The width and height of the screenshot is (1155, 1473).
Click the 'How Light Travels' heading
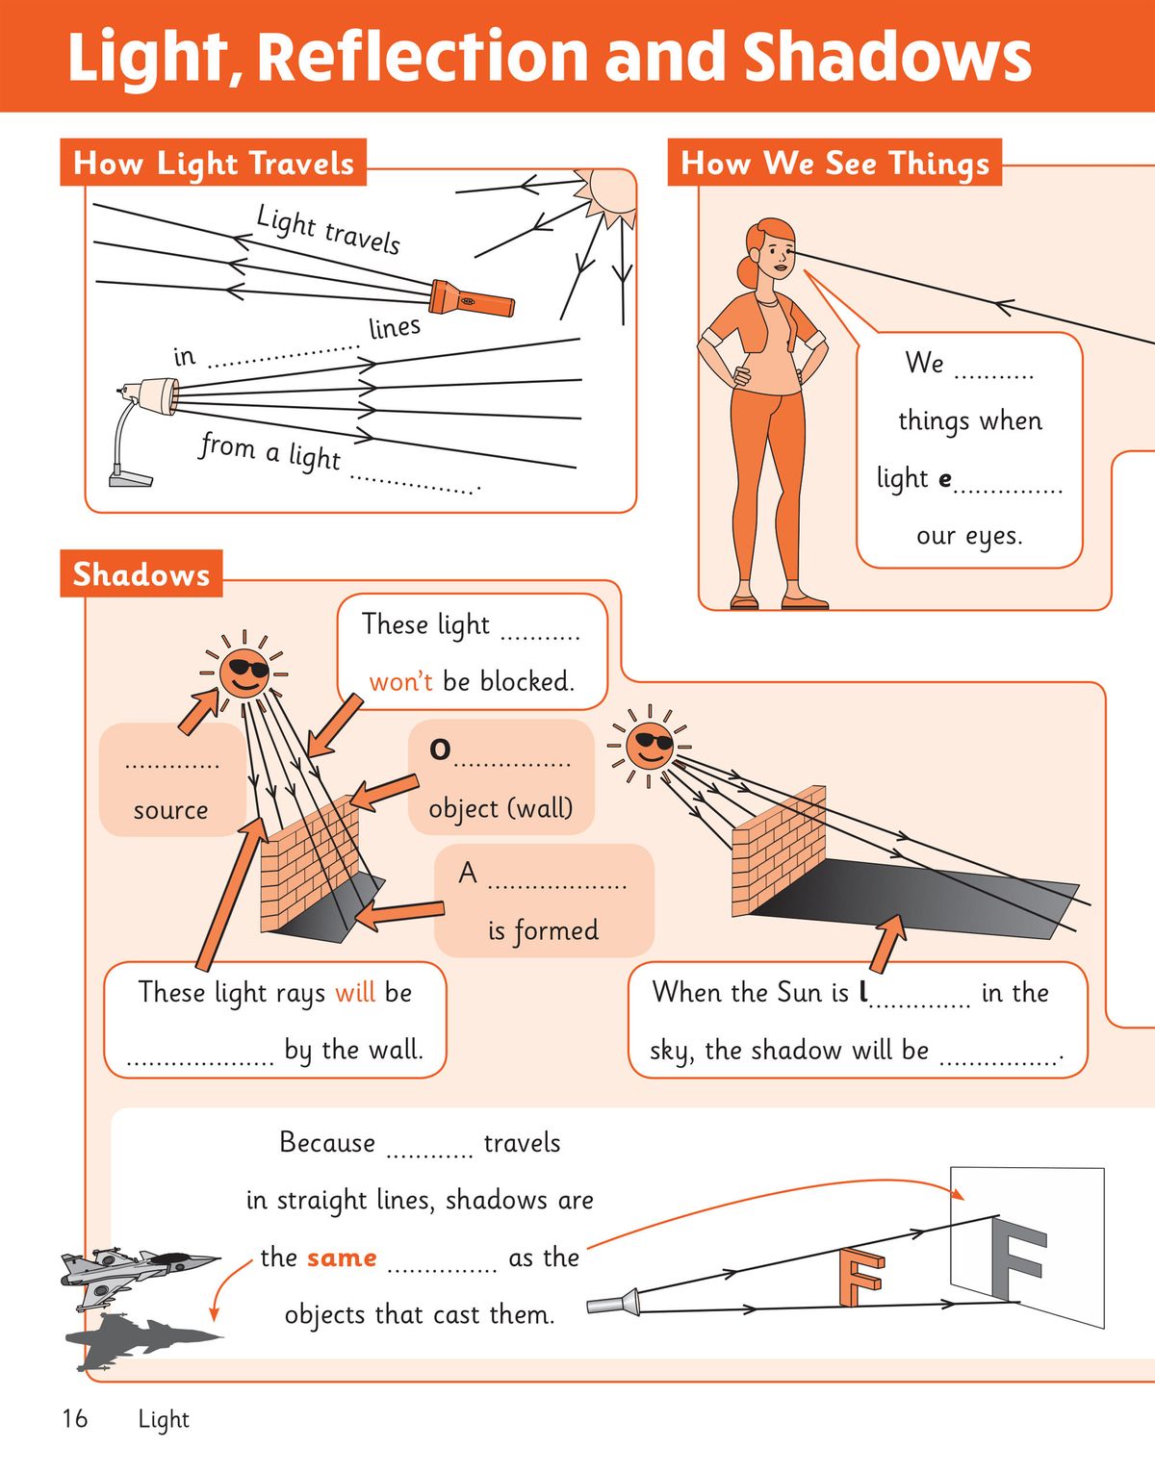214,163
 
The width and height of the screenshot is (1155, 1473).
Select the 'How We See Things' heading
834,163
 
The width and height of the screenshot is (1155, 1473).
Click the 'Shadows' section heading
141,574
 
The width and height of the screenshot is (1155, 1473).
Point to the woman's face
776,255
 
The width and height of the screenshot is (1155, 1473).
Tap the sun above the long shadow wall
650,746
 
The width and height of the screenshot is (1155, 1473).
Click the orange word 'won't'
400,682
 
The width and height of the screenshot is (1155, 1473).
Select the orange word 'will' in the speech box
355,992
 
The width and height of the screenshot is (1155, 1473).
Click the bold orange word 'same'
342,1257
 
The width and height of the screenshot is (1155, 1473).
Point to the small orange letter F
860,1276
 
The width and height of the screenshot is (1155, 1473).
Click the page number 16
74,1419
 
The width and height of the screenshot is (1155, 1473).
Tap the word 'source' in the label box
170,810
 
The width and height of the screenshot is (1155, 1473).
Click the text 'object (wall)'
500,808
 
